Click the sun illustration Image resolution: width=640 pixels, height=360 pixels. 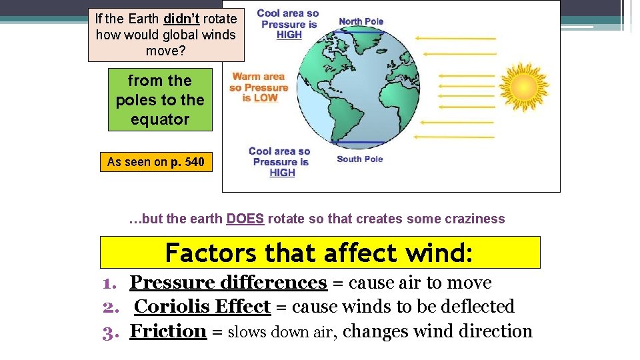[x=524, y=85]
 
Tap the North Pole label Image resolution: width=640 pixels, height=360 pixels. [x=361, y=21]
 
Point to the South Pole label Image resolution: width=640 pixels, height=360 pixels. [x=360, y=159]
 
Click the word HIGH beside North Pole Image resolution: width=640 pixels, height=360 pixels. [x=289, y=35]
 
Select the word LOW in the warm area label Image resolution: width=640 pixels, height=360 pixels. [x=265, y=98]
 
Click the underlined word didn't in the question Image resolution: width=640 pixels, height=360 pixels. [x=181, y=19]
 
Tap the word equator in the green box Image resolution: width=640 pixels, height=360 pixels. [x=160, y=119]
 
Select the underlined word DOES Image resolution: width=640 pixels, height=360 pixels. [x=245, y=219]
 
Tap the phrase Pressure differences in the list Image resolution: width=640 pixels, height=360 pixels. [x=228, y=283]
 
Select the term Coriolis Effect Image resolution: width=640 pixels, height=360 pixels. [x=202, y=307]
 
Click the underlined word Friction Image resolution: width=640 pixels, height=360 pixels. [x=168, y=331]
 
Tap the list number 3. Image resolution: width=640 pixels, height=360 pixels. [x=109, y=332]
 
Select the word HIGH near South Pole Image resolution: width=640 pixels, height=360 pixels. [x=282, y=173]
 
